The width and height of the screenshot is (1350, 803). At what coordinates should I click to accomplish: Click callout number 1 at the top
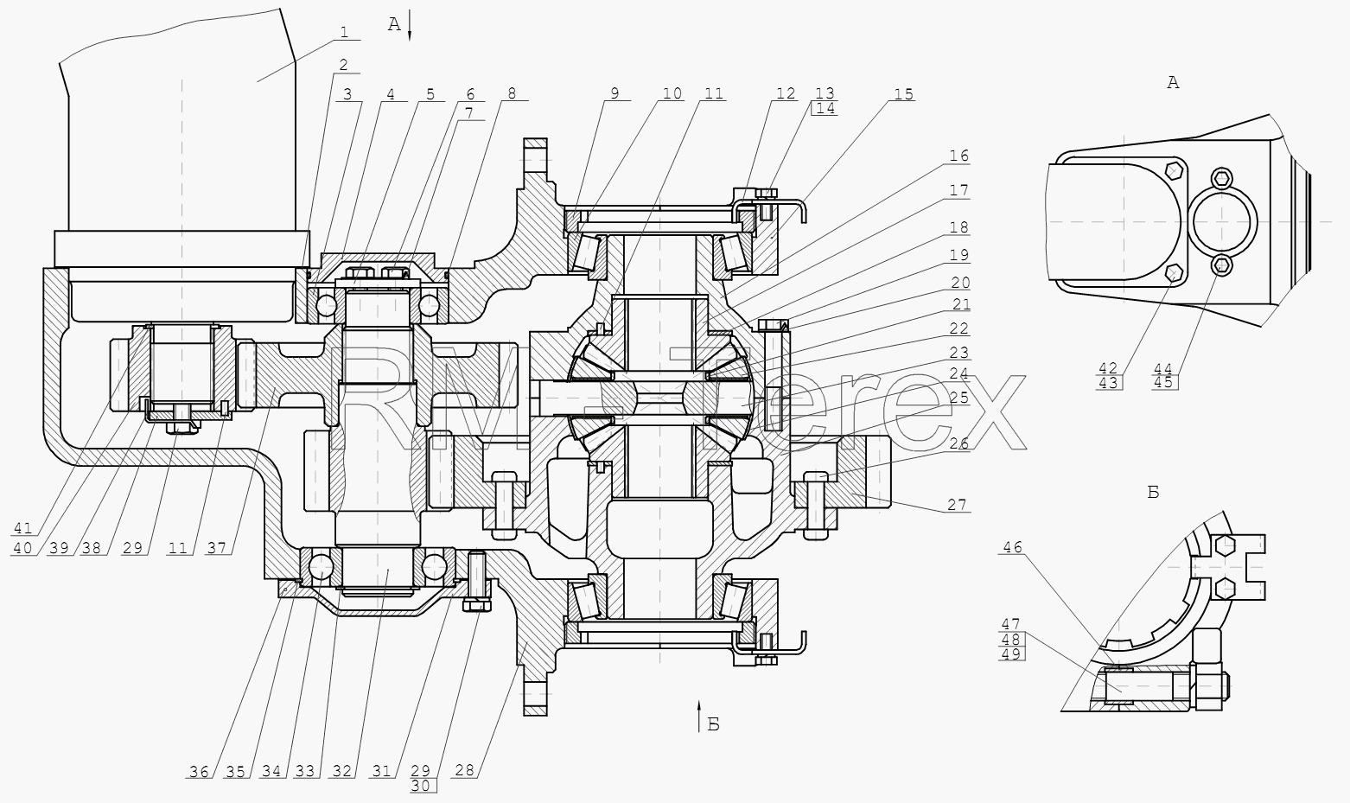click(344, 32)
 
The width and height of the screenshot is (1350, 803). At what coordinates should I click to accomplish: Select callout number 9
click(615, 93)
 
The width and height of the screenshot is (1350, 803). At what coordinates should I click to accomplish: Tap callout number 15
click(903, 94)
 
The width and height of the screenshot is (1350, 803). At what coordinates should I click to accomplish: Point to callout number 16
click(958, 156)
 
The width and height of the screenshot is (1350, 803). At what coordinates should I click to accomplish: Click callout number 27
click(957, 505)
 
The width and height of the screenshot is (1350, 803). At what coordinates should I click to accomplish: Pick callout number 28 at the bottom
click(465, 770)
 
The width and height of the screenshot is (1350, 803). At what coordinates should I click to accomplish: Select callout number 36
click(199, 772)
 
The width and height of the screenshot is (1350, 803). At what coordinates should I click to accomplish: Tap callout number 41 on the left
click(22, 529)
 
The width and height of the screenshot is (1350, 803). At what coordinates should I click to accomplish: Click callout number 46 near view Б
click(1013, 547)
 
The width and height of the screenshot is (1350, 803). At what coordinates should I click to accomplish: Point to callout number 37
click(216, 548)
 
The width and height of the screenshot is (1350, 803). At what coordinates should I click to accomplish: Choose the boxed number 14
click(825, 109)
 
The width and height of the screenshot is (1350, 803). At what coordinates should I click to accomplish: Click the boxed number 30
click(423, 786)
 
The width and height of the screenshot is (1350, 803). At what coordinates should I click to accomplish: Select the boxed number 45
click(1164, 382)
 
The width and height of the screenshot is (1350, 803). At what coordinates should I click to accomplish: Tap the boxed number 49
click(1012, 654)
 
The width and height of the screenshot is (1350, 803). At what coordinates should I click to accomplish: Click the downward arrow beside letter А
click(409, 25)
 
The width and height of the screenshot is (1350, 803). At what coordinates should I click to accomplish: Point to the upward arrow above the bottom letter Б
click(699, 717)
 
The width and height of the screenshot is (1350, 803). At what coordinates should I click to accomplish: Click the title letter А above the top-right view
click(1173, 83)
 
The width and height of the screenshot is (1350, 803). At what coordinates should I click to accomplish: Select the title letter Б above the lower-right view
click(1153, 493)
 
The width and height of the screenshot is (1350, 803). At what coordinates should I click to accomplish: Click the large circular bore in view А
click(1223, 222)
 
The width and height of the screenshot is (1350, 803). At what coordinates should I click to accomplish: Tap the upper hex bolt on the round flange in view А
click(1222, 177)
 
